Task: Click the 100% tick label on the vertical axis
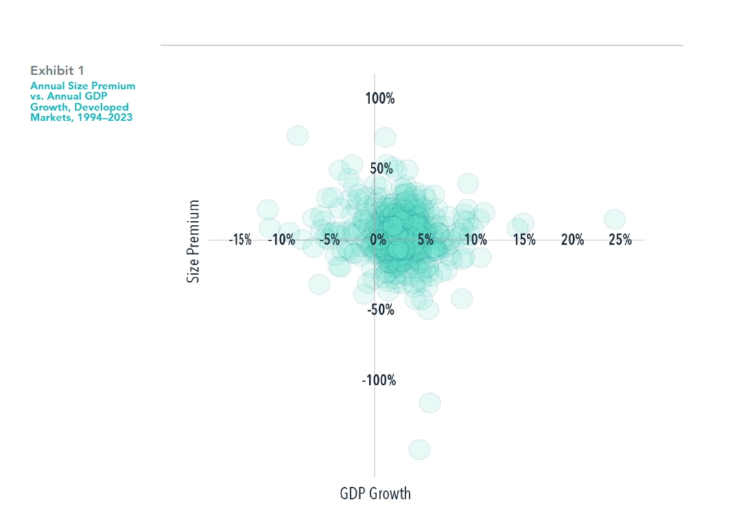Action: click(x=380, y=99)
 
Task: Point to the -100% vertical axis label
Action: click(x=379, y=380)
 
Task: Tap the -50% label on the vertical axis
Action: click(x=381, y=310)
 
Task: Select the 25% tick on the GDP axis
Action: click(x=620, y=240)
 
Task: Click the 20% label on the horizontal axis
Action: click(x=572, y=240)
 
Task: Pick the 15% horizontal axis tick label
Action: click(x=524, y=240)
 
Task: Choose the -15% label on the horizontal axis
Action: click(x=240, y=240)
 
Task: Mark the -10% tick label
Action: click(x=281, y=240)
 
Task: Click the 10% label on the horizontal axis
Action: click(x=475, y=240)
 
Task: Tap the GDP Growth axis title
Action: click(x=375, y=493)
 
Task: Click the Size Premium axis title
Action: click(x=193, y=241)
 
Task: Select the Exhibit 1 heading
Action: click(x=57, y=71)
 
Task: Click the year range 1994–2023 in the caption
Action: click(x=105, y=117)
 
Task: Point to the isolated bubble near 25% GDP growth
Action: click(x=615, y=219)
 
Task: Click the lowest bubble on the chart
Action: click(x=419, y=450)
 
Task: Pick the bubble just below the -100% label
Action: click(x=430, y=402)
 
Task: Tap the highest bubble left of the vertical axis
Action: click(x=298, y=136)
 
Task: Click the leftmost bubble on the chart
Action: click(x=268, y=209)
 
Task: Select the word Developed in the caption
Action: click(x=102, y=107)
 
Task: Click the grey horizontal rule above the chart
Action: click(x=422, y=45)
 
